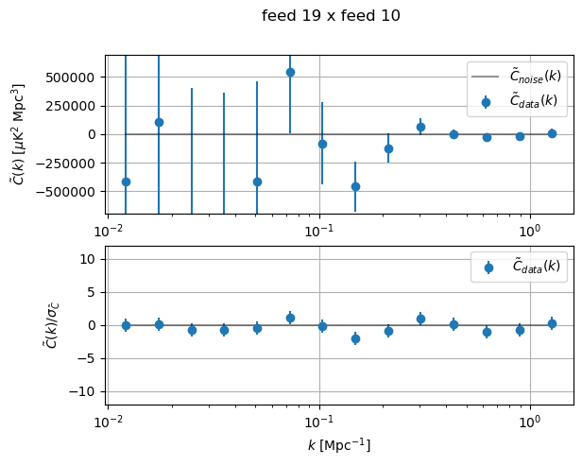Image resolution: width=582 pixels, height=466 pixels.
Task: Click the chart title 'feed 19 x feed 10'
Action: coord(331,15)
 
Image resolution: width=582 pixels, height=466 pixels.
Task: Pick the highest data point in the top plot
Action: coord(290,72)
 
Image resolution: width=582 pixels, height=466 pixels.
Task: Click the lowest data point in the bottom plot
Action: coord(355,338)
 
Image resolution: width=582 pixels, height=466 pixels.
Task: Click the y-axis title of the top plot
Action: coord(18,134)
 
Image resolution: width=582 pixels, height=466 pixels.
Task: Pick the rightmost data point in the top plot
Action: coord(552,133)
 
